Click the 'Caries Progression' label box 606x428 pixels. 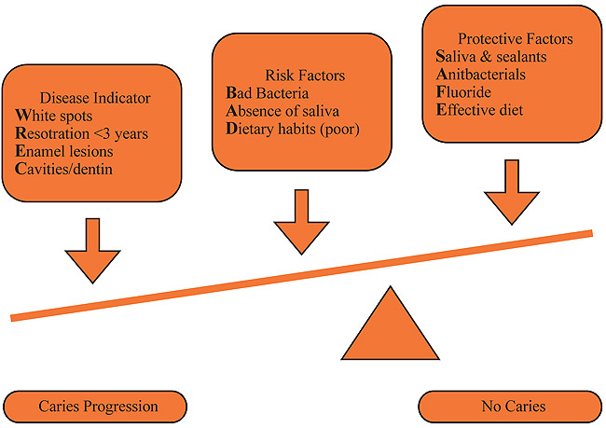click(98, 407)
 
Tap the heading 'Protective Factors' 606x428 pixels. click(515, 39)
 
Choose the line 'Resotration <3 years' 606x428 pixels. click(81, 134)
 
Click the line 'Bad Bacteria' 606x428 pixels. click(271, 93)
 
